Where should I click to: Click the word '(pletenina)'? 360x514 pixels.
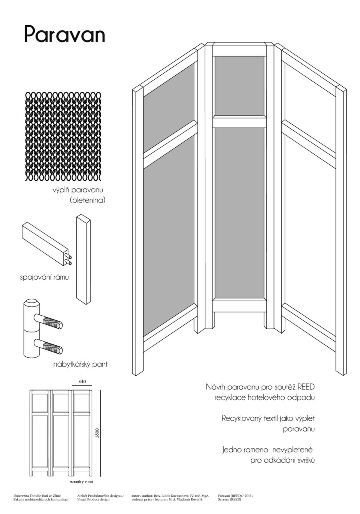point(87,200)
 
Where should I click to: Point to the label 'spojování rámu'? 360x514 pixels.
point(42,277)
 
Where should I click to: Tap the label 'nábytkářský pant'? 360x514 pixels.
point(80,364)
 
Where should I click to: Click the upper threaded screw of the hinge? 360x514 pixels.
point(50,321)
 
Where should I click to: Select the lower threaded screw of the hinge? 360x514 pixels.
point(50,346)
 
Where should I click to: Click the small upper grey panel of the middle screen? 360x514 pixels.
point(239,86)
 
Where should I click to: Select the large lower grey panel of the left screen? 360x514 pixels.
point(169,236)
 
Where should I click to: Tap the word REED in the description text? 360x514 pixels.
point(306,387)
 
